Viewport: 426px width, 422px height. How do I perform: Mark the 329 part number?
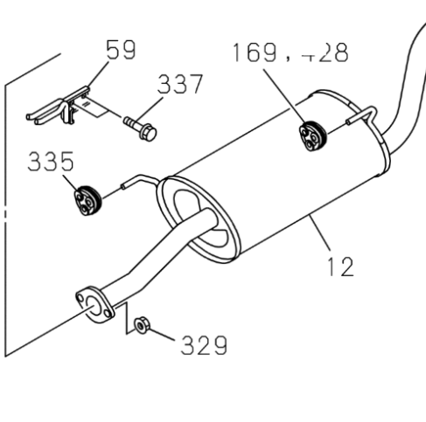203,345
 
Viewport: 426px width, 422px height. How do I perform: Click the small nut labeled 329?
140,327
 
